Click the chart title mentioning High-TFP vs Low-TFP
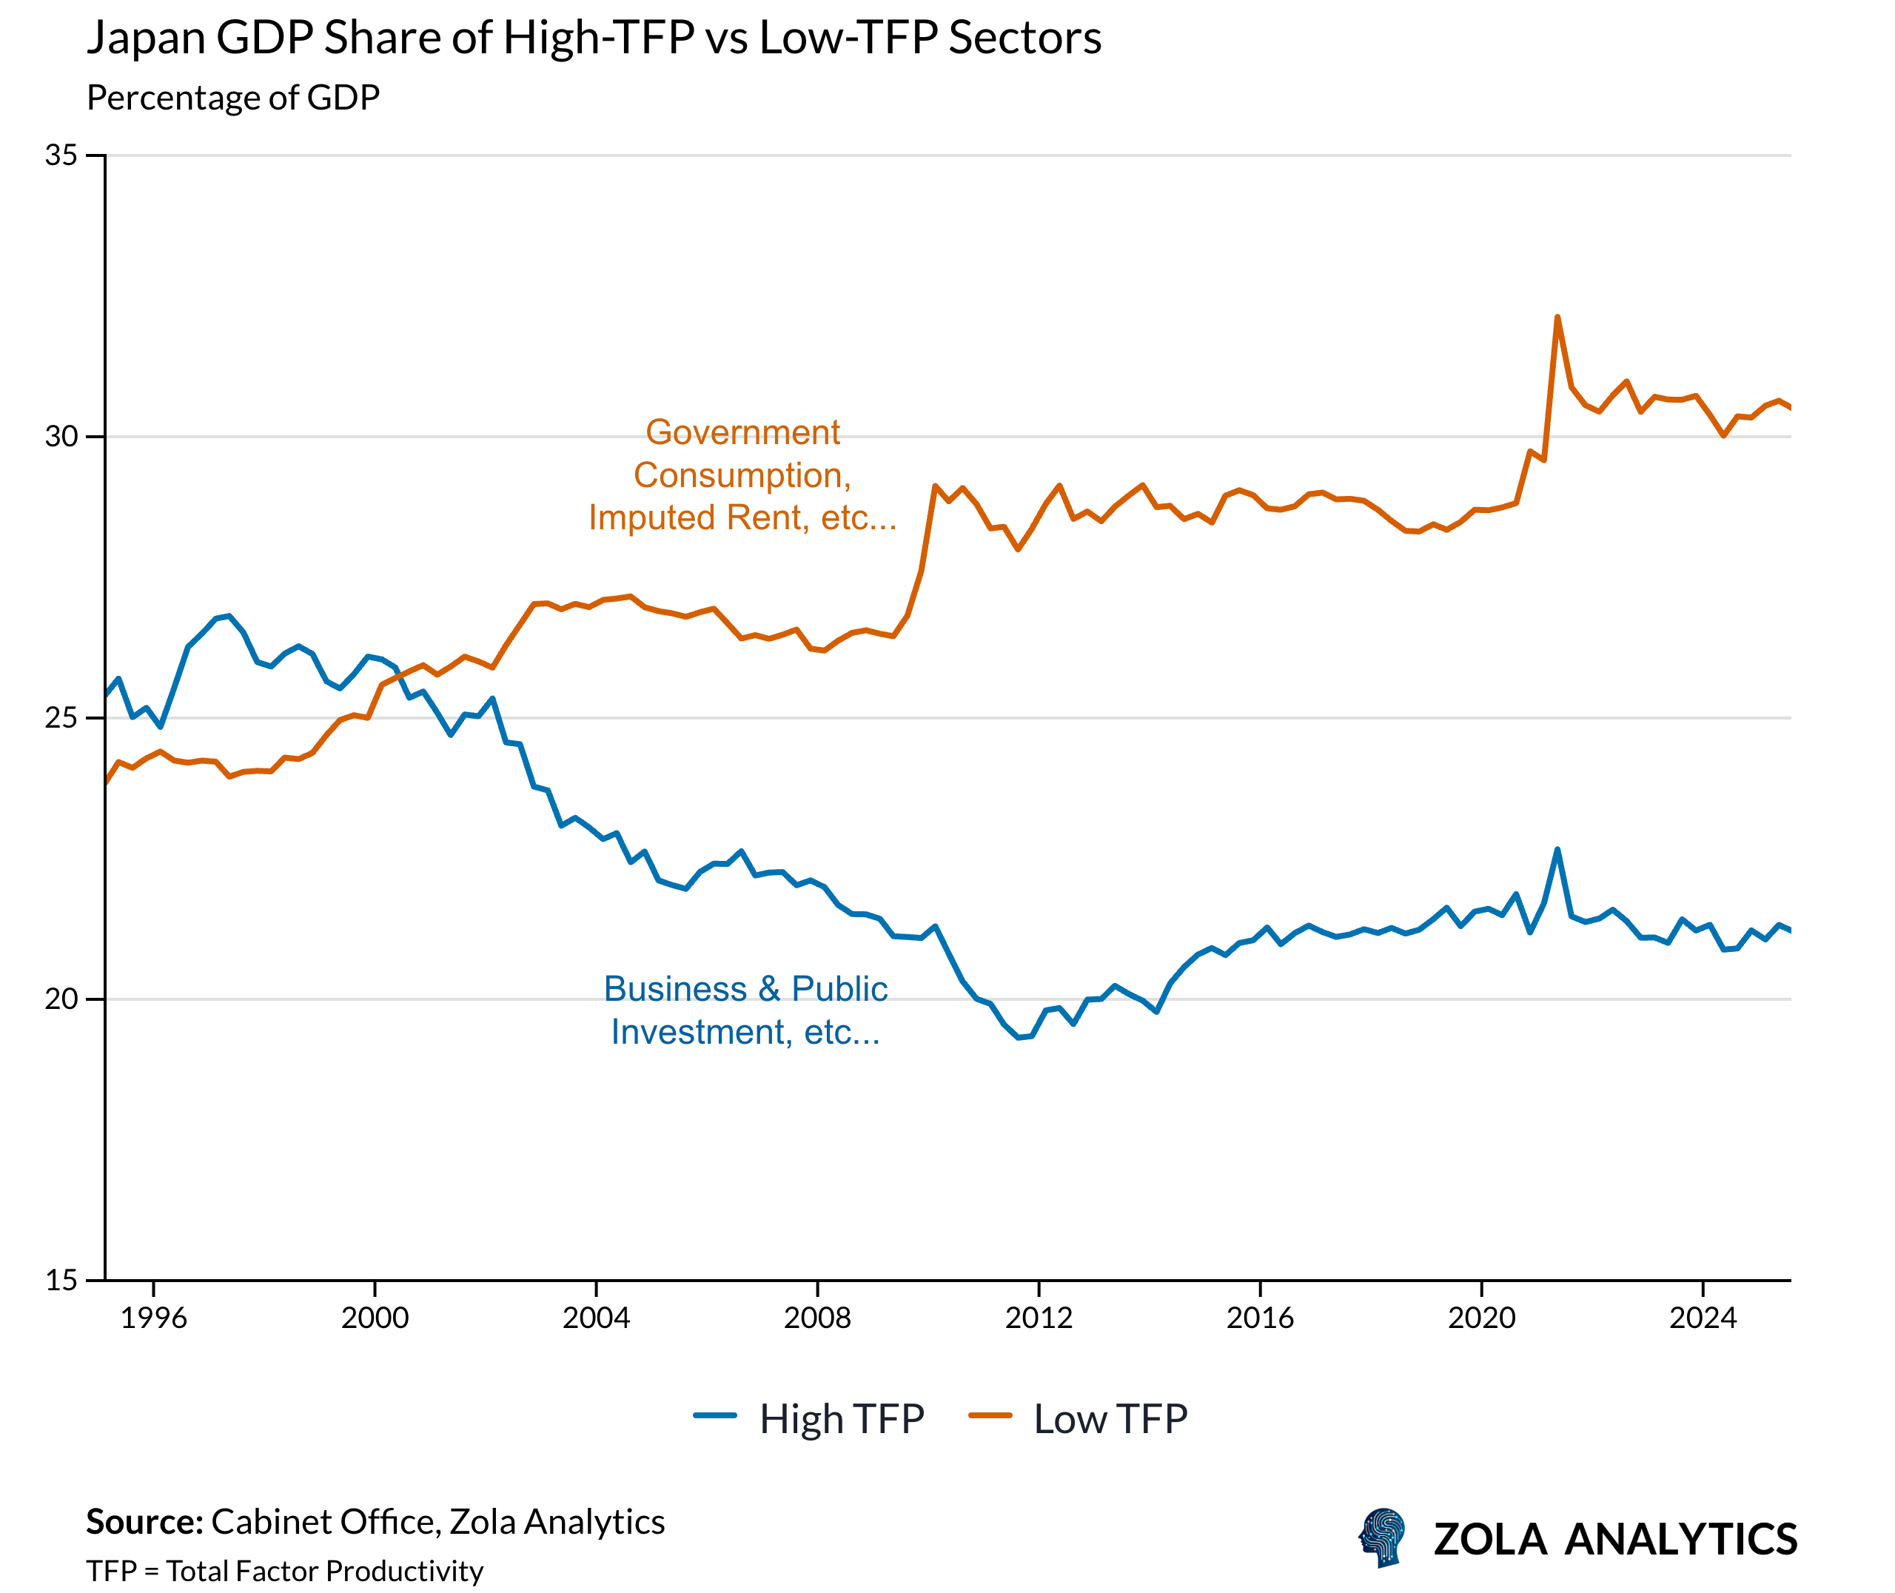pos(593,38)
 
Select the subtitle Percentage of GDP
pos(233,98)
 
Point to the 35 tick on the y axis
pos(61,155)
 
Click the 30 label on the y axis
pos(61,437)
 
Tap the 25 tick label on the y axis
pos(61,718)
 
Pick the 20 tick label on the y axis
pos(61,999)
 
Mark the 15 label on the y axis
pos(61,1281)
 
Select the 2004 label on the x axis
pos(596,1318)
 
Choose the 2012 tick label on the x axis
pos(1039,1318)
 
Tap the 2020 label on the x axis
pos(1480,1318)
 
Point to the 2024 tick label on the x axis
pos(1703,1318)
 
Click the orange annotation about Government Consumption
pos(742,475)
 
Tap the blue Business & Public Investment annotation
pos(745,1010)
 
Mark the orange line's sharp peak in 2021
pos(1557,318)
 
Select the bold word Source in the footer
pos(144,1523)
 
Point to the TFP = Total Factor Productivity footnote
pos(284,1572)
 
